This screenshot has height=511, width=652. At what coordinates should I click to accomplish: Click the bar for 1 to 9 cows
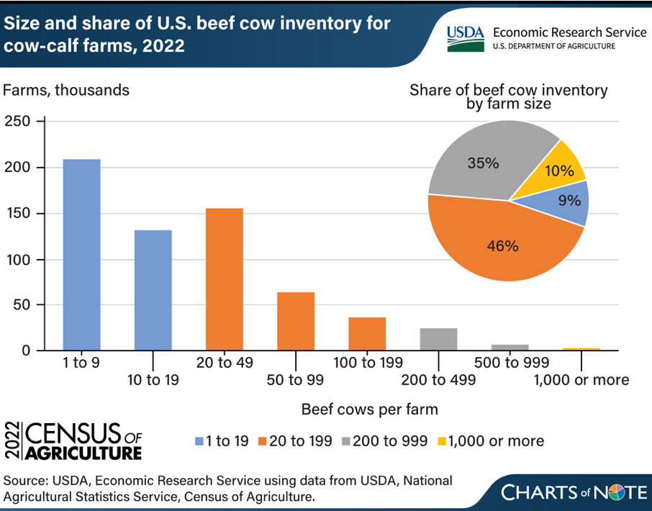[x=81, y=255]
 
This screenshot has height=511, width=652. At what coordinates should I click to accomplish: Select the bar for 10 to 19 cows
[x=153, y=291]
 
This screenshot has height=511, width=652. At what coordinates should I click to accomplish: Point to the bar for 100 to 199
[x=367, y=334]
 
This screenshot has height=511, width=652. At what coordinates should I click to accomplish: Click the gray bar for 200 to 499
[x=438, y=340]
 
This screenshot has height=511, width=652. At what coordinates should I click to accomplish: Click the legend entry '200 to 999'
[x=389, y=440]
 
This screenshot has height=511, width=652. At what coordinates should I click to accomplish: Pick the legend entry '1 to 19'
[x=222, y=440]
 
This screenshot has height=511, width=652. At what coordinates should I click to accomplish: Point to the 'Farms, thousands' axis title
[x=67, y=91]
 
